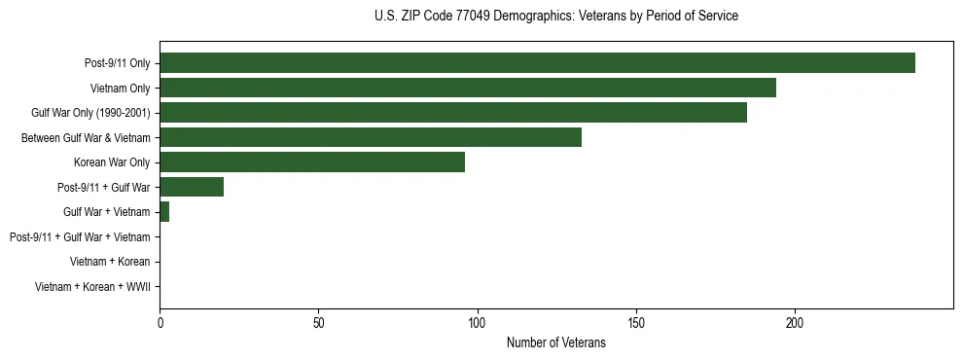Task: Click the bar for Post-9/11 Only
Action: [x=537, y=62]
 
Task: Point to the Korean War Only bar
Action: [x=312, y=162]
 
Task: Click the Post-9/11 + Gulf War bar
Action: [x=192, y=187]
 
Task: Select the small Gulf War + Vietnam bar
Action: [x=164, y=212]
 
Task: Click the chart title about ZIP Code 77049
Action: [x=555, y=17]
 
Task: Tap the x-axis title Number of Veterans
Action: [x=555, y=342]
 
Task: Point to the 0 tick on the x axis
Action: [x=160, y=322]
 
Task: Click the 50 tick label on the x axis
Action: [x=318, y=322]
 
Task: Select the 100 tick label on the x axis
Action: [x=477, y=322]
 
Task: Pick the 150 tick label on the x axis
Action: [x=635, y=322]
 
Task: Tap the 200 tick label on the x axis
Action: [x=795, y=322]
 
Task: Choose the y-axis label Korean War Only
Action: [x=112, y=162]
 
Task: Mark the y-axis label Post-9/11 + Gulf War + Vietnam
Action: [x=80, y=237]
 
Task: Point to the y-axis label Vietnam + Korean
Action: [x=110, y=262]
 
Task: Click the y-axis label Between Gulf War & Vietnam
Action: [x=86, y=138]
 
